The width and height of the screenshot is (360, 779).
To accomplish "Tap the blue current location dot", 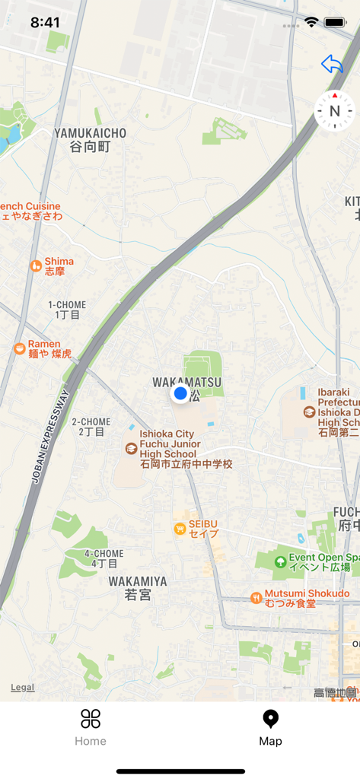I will click(x=180, y=393).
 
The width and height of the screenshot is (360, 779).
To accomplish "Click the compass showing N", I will click(x=334, y=111).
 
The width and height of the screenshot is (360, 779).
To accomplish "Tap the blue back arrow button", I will click(x=332, y=65).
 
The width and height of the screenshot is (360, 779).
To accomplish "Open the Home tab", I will click(x=91, y=727).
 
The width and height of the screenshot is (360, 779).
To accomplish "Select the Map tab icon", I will click(x=270, y=719).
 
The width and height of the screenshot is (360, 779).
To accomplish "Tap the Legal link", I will click(x=22, y=687).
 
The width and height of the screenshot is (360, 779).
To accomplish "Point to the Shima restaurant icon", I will click(x=36, y=265).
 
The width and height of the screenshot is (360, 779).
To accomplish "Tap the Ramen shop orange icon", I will click(x=19, y=348).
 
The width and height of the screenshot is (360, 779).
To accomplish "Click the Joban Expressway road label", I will click(x=50, y=437).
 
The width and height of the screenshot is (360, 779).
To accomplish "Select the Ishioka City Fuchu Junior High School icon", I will click(x=132, y=449).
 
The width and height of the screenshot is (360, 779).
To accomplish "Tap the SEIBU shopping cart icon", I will click(x=180, y=529).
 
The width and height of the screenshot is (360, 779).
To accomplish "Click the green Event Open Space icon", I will click(x=280, y=562).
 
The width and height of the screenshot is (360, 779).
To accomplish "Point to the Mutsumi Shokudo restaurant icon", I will click(x=256, y=598).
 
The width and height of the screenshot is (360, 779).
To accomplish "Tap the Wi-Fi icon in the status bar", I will click(x=311, y=22).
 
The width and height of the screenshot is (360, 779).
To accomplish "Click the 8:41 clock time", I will click(x=45, y=22).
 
